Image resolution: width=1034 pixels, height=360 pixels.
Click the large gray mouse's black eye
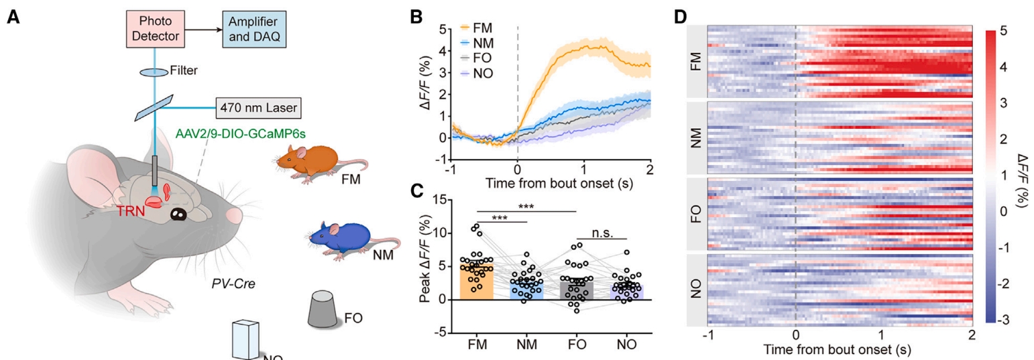[178, 215]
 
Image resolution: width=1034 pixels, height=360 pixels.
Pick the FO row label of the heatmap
[696, 211]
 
